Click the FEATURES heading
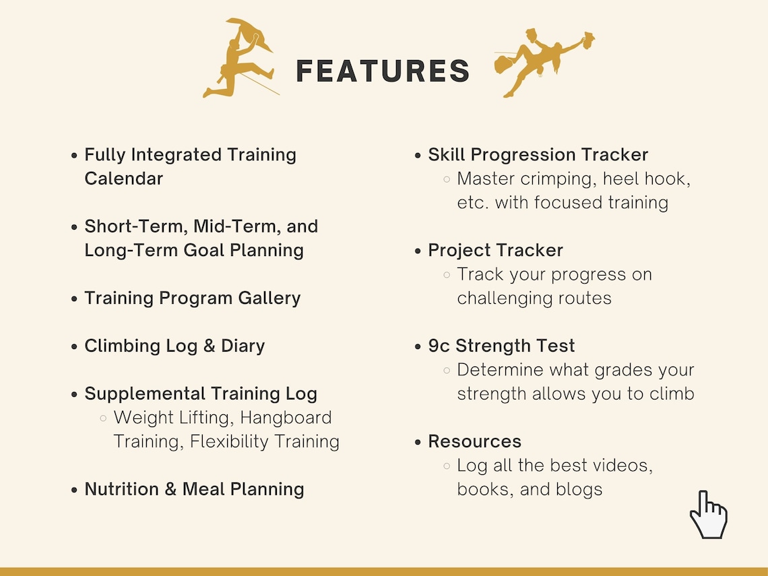(x=383, y=71)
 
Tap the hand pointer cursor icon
(x=707, y=515)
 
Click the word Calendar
(x=123, y=179)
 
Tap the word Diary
(x=243, y=346)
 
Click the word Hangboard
(x=286, y=418)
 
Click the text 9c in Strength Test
(x=439, y=346)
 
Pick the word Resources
(x=474, y=441)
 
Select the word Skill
(x=447, y=154)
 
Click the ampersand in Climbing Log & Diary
(x=209, y=346)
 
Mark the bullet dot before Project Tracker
(x=418, y=251)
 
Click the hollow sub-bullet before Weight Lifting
(x=103, y=418)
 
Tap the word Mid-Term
(x=223, y=226)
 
